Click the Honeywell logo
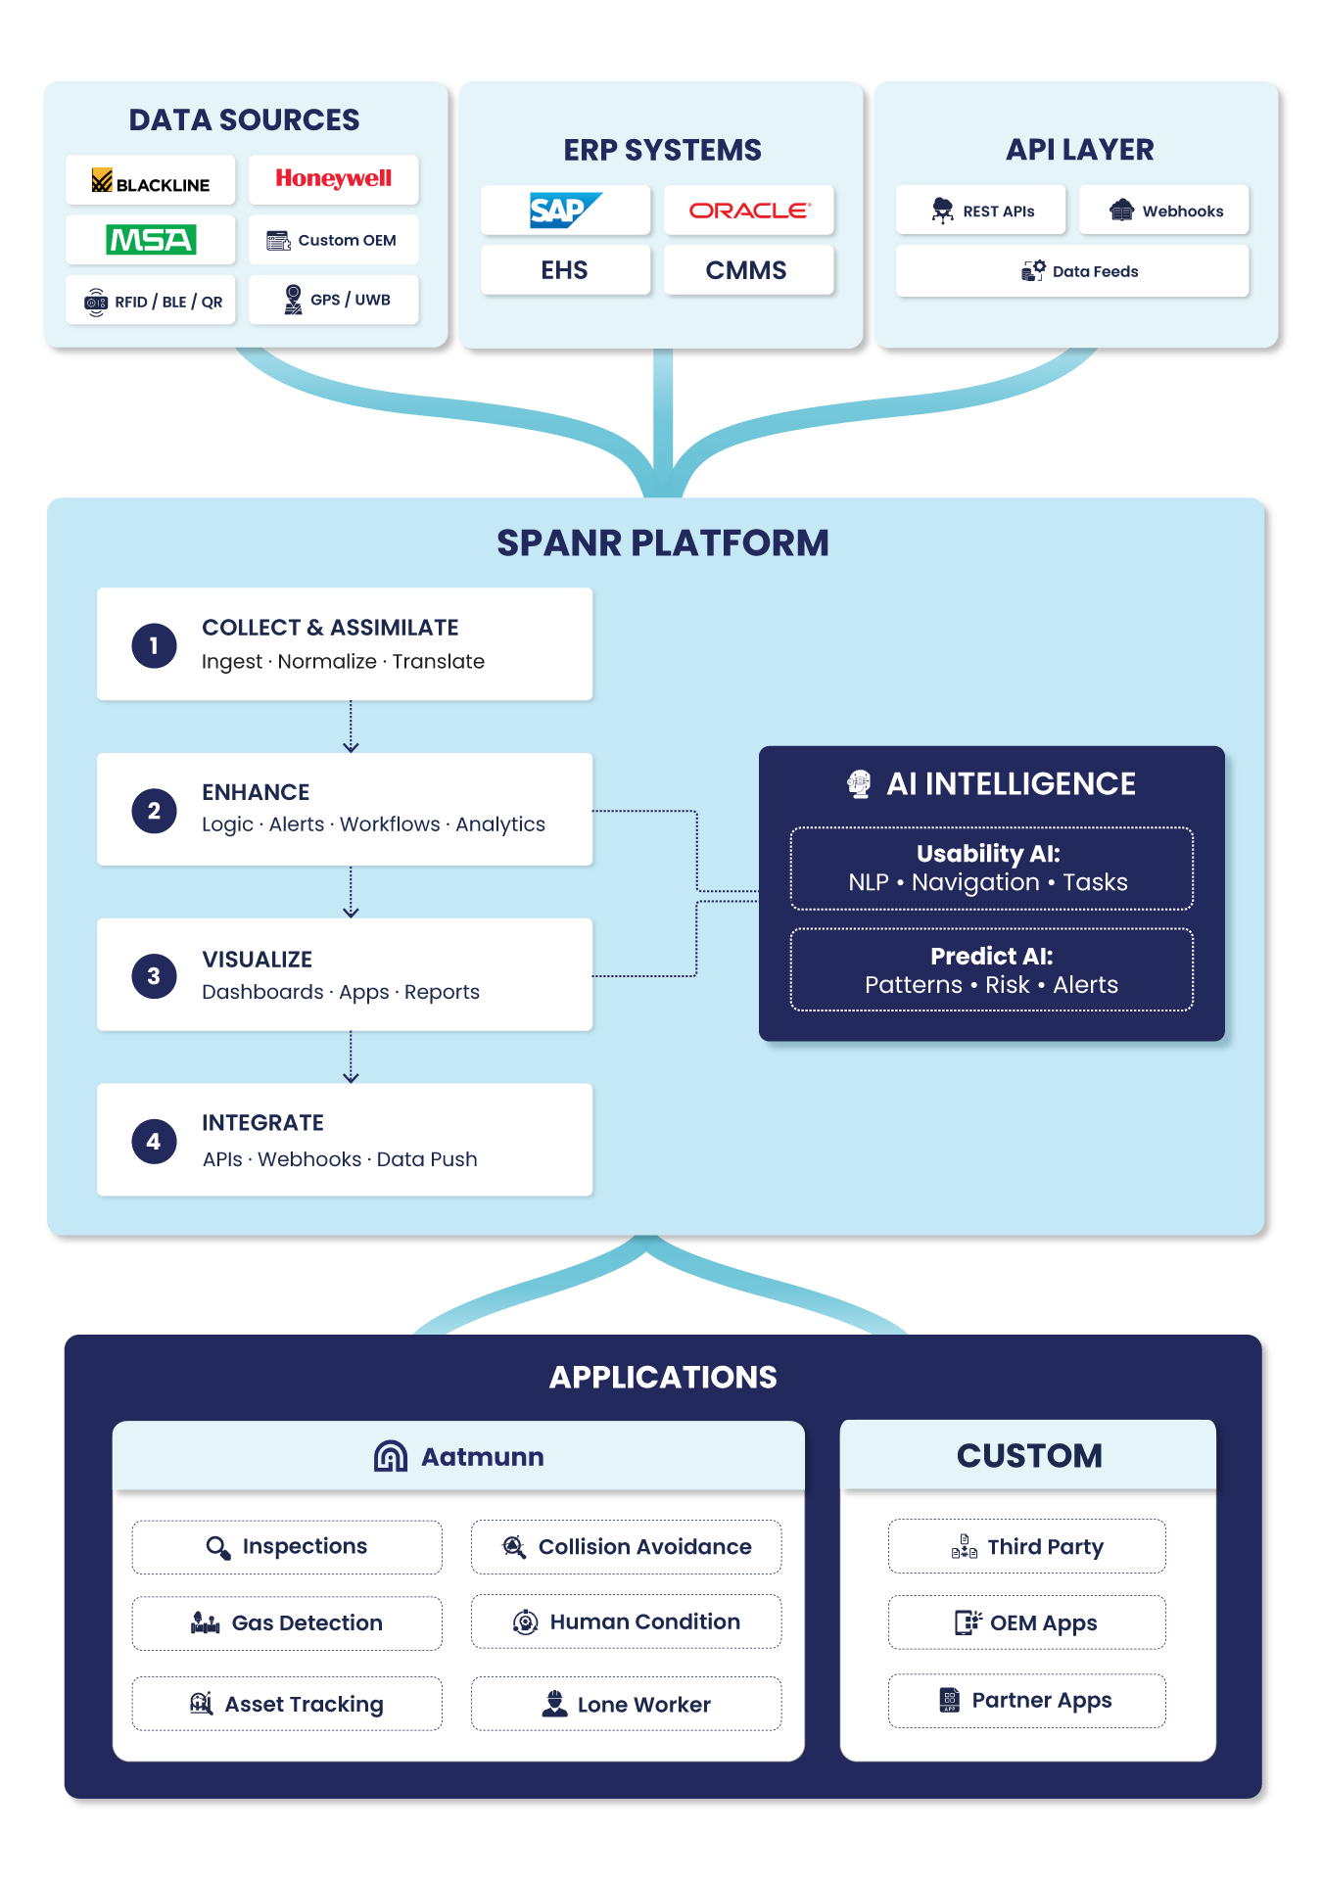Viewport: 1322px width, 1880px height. (333, 178)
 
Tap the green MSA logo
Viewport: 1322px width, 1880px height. (151, 240)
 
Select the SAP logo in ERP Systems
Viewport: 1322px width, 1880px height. (564, 210)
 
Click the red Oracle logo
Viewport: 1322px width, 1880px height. (749, 211)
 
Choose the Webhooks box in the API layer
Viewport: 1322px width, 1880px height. (1163, 211)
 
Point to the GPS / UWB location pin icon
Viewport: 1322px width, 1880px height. (293, 300)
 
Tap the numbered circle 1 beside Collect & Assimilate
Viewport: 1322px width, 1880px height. (154, 645)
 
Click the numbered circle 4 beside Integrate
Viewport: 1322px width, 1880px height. (154, 1141)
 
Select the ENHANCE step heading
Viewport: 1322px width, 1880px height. (256, 792)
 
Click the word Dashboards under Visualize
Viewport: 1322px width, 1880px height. (262, 992)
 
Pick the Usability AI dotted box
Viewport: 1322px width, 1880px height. (991, 869)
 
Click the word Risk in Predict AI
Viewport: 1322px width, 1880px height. (1007, 985)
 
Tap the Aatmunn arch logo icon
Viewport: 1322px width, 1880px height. (391, 1456)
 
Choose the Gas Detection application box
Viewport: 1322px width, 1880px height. (287, 1622)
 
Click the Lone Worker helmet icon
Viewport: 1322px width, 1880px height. (554, 1704)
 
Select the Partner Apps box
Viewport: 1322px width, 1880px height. (1026, 1701)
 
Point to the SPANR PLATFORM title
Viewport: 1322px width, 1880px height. (662, 542)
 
